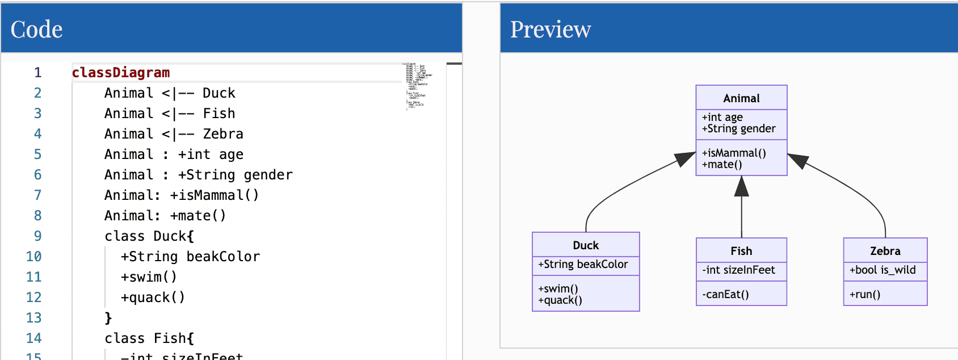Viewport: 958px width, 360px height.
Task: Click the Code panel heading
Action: click(36, 30)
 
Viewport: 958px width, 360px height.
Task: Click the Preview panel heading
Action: click(550, 30)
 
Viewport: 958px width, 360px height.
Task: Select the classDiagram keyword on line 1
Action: click(120, 73)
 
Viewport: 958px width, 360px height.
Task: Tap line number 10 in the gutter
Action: click(33, 257)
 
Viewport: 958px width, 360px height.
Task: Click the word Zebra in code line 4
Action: click(223, 134)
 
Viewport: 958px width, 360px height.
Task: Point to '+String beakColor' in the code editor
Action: click(190, 257)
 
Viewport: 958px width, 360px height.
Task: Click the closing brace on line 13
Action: click(108, 318)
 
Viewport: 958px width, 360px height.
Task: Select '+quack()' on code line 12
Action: click(153, 298)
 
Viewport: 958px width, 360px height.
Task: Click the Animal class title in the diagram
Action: click(741, 98)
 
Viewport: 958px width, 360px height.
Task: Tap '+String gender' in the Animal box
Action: click(738, 129)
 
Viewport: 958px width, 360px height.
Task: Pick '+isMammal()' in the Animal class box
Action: click(734, 153)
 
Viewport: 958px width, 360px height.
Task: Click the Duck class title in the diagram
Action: click(586, 245)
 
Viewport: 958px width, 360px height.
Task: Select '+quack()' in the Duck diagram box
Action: click(560, 300)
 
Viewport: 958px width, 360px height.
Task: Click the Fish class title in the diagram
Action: click(741, 251)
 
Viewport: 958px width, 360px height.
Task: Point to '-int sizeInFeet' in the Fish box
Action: click(738, 270)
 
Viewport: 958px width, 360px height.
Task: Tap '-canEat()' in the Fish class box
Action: click(725, 294)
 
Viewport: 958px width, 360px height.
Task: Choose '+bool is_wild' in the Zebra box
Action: click(883, 270)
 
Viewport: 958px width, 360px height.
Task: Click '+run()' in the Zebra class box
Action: click(865, 294)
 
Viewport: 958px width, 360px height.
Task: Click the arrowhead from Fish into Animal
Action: click(741, 187)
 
